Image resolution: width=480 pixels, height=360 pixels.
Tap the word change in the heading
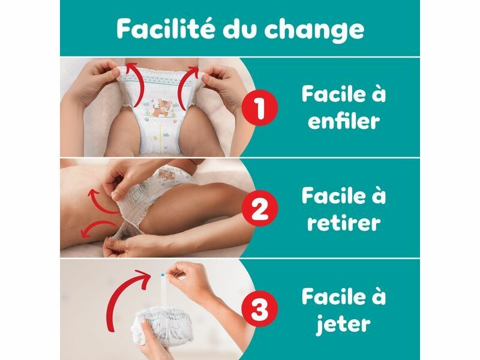(x=314, y=31)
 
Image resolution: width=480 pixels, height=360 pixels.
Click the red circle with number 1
(x=260, y=108)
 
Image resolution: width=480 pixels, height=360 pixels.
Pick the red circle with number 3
(x=260, y=309)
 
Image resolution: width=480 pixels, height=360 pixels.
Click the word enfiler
(x=343, y=121)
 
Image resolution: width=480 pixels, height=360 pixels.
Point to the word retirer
(x=344, y=222)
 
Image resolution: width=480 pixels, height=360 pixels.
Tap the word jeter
(x=343, y=323)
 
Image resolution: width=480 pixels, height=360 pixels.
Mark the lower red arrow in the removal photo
(x=97, y=225)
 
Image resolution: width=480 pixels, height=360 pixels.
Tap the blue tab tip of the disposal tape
(x=162, y=275)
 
